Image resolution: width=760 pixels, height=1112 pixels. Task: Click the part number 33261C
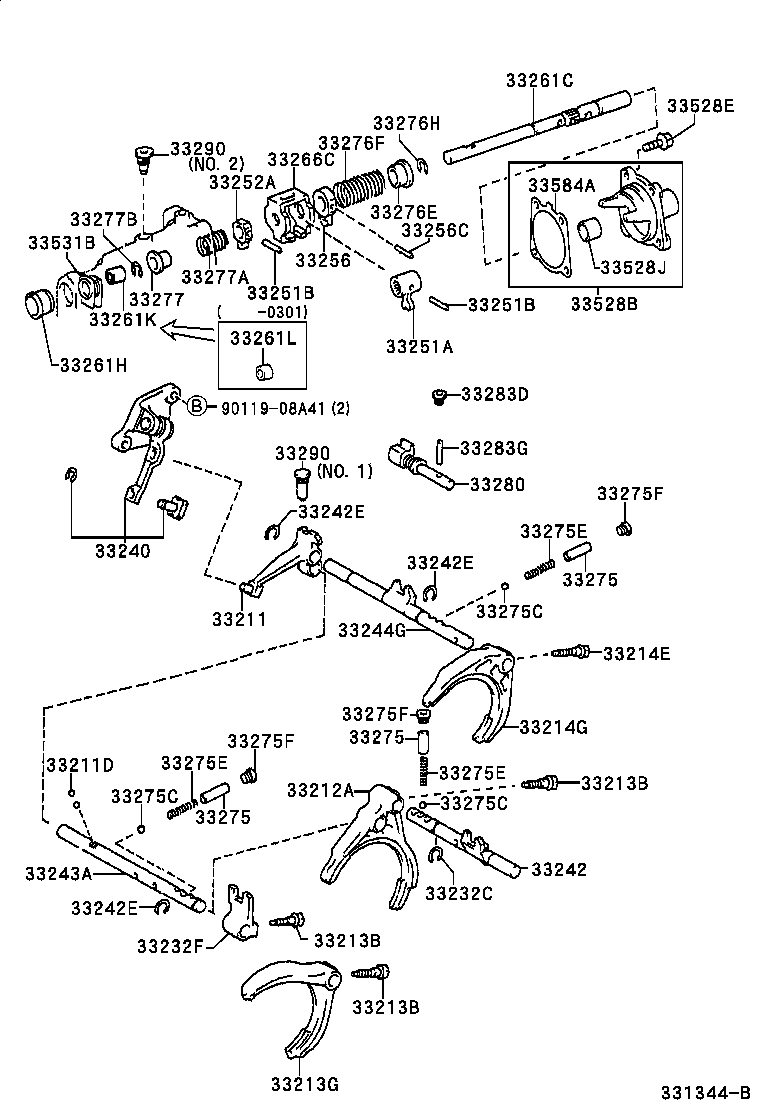539,81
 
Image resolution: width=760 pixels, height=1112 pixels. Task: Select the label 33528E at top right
700,105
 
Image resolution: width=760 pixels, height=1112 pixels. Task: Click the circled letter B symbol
197,405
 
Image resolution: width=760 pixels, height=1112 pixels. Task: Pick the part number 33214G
554,726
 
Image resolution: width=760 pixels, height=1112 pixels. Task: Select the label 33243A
58,872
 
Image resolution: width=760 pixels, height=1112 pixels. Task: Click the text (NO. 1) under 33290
344,470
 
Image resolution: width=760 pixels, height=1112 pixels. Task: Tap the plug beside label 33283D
438,397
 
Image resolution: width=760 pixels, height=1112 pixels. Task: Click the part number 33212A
320,790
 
